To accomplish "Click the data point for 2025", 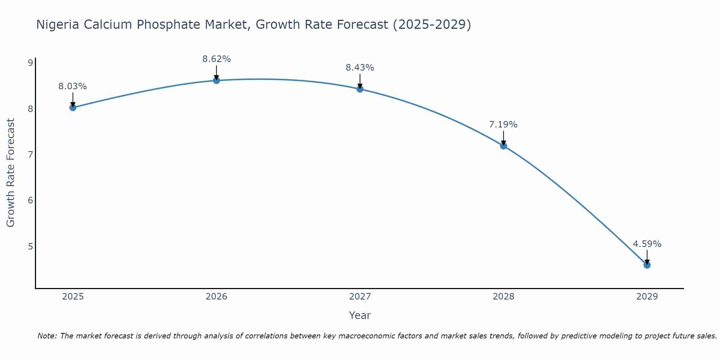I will click(73, 107).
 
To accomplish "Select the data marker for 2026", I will click(216, 80).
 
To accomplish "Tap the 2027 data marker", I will click(360, 89).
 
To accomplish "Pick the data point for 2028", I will click(503, 146).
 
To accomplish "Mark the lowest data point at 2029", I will click(647, 265).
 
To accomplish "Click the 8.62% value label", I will click(216, 59).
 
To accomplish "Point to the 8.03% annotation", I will click(73, 86).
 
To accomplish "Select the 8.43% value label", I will click(360, 68).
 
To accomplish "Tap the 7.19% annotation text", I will click(503, 125).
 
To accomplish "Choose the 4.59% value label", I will click(647, 244).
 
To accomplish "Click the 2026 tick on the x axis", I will click(216, 297).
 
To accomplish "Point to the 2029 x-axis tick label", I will click(647, 297).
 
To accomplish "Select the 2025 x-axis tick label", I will click(73, 297).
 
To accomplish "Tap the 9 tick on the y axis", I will click(30, 63).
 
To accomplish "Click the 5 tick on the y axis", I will click(30, 246).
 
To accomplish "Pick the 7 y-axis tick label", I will click(30, 155).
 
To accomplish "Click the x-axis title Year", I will click(360, 316).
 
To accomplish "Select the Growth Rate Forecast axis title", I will click(11, 173).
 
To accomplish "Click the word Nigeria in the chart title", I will click(58, 25).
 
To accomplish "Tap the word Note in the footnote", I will click(47, 336).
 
